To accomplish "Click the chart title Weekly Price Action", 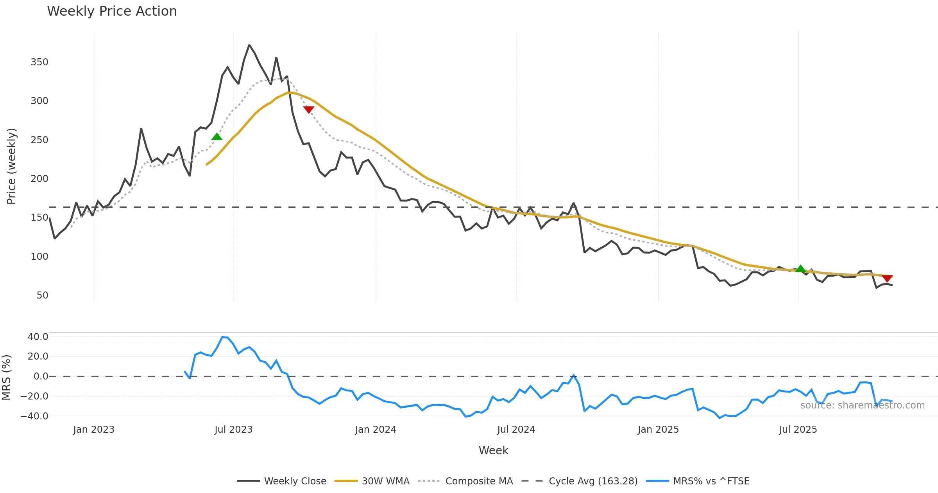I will coord(112,11).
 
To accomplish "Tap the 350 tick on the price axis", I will coord(39,62).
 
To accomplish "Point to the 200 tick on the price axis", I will coord(39,179).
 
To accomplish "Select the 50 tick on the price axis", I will coord(42,295).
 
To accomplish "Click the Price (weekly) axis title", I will coord(11,166).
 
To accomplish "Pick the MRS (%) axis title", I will coord(6,378).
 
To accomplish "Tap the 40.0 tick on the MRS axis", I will coord(38,337).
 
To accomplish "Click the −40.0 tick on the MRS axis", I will coord(34,416).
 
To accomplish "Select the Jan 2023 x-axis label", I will coord(94,430).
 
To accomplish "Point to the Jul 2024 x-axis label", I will coord(516,430).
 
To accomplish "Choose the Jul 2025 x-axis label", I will coord(798,430).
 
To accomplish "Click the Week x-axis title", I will coord(493,451).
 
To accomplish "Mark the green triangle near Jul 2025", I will coord(800,269).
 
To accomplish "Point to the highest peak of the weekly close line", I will coord(249,45).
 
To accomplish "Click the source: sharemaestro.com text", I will coord(862,405).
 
